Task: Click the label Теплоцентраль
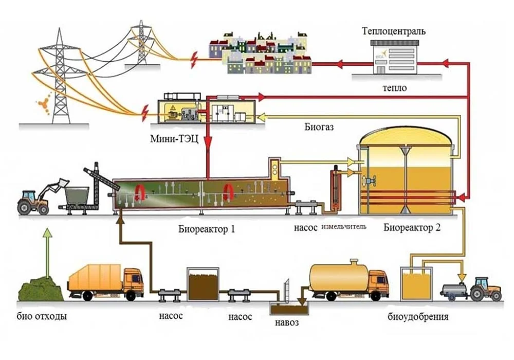[x=394, y=31]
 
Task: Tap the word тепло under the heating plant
[x=394, y=88]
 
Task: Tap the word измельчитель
[x=344, y=227]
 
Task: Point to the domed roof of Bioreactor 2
[x=406, y=136]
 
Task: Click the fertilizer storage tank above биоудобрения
[x=417, y=286]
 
